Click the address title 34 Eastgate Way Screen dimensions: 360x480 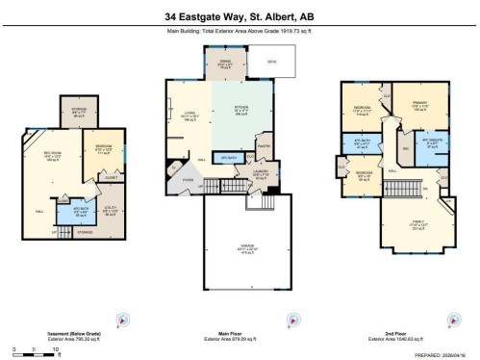(x=240, y=16)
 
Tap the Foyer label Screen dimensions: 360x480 (x=189, y=178)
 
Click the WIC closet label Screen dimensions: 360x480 (x=406, y=149)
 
